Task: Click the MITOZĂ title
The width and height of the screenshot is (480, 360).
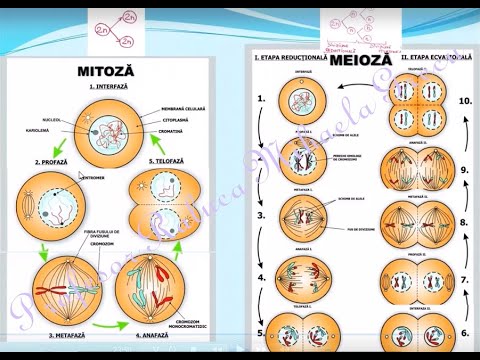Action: (x=106, y=72)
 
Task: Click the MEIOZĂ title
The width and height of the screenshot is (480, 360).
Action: (x=356, y=61)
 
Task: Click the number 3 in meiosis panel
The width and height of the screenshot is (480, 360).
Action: (x=261, y=215)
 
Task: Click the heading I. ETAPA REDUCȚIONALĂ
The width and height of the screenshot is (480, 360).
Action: (x=291, y=59)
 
